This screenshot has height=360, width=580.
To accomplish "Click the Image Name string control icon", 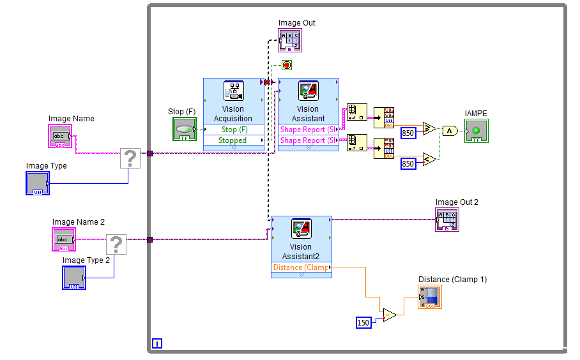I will click(x=60, y=136).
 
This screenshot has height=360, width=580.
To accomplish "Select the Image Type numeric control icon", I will click(x=38, y=183).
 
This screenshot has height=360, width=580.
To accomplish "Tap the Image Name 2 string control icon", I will click(x=64, y=239).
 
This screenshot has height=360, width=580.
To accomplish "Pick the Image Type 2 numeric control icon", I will click(x=73, y=277).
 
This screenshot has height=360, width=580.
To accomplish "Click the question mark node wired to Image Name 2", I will click(x=116, y=245).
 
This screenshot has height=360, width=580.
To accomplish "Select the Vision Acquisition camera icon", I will click(x=233, y=91).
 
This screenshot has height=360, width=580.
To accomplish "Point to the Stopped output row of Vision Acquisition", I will click(x=233, y=140).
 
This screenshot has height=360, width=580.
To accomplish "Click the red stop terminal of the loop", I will click(x=287, y=65).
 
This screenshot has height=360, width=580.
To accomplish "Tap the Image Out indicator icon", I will click(x=290, y=40).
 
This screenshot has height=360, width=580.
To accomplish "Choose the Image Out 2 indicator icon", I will click(x=447, y=220).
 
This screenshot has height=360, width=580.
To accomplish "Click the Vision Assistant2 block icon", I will click(x=301, y=229).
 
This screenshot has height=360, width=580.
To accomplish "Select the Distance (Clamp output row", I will click(x=301, y=267).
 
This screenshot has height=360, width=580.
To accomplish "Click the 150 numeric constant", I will click(x=363, y=322).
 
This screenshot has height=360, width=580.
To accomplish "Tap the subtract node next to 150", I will click(x=389, y=315).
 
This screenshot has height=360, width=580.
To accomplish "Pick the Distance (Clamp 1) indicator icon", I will click(x=430, y=297).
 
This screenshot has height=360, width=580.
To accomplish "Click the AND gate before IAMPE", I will click(x=450, y=131).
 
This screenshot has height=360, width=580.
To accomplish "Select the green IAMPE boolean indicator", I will click(x=477, y=131).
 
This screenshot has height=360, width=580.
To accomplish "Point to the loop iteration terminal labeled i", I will click(x=157, y=344).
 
